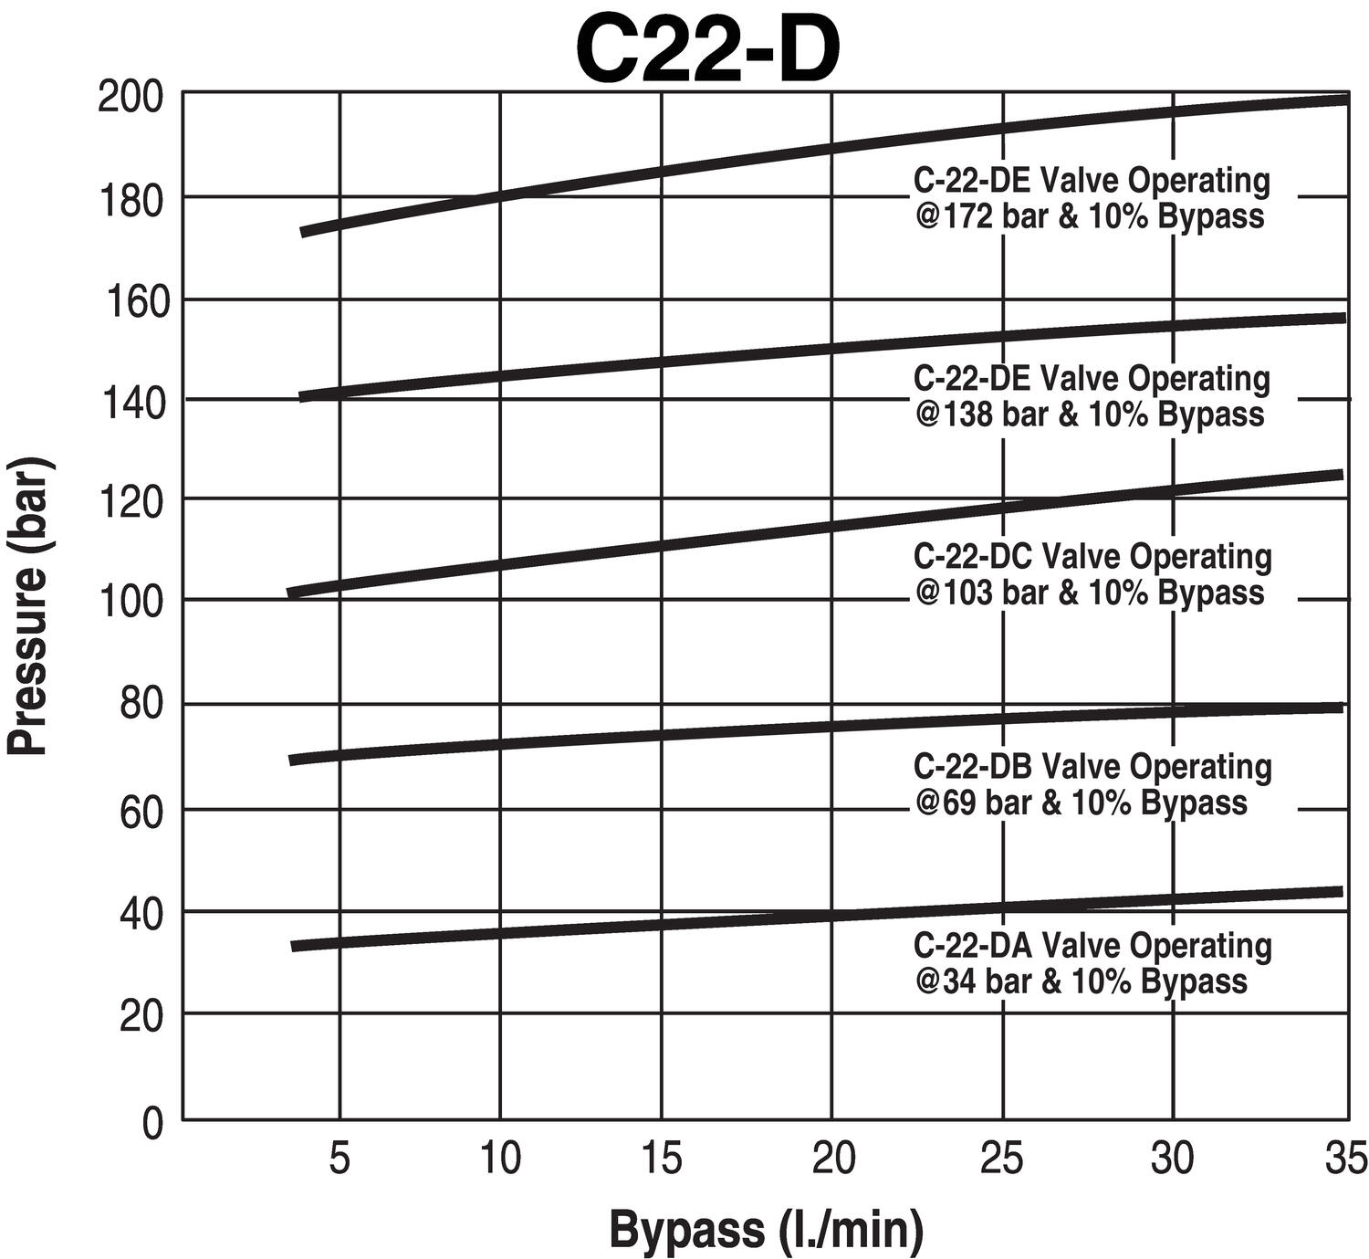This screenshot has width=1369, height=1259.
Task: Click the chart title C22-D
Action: coord(707,50)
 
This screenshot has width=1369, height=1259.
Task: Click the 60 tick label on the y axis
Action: coord(142,809)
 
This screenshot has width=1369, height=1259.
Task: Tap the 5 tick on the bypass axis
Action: coord(340,1159)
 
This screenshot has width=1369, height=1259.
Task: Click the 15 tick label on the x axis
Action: coord(661,1159)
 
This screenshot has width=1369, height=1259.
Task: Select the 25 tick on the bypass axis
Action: coord(1002,1159)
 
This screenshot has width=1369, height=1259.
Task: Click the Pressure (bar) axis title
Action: coord(29,606)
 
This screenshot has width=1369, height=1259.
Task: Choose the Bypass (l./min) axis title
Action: coord(765,1228)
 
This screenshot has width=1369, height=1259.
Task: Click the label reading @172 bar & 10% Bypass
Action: coord(1090,217)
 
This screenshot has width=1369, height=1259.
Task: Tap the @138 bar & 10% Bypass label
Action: coord(1090,414)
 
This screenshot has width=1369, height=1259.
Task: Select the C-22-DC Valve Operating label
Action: coord(1092,556)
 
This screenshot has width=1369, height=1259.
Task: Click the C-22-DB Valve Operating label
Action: coord(1092,766)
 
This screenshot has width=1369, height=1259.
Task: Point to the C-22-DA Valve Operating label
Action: coord(1092,945)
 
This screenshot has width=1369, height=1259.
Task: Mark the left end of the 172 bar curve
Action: coord(305,233)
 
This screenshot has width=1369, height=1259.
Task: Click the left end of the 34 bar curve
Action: coord(295,947)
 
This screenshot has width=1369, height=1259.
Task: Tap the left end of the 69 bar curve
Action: coord(292,761)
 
